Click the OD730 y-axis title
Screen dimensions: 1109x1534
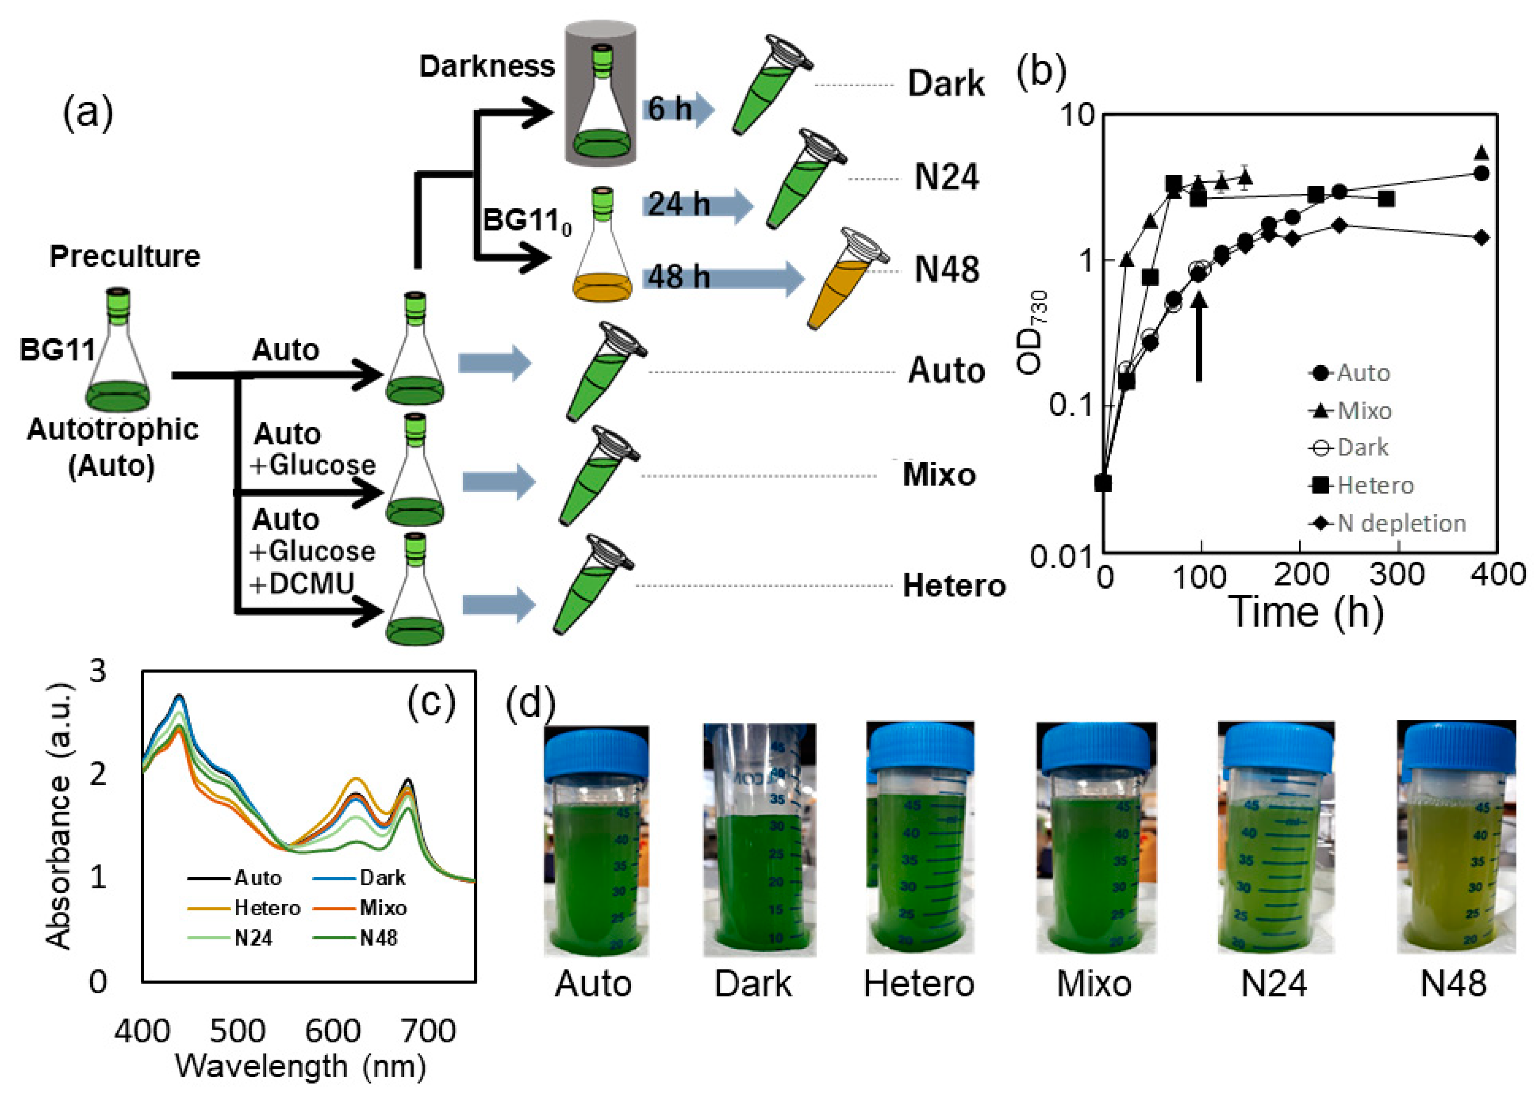(1033, 331)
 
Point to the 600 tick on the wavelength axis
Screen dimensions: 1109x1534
(333, 1031)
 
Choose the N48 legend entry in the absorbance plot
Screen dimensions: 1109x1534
(378, 938)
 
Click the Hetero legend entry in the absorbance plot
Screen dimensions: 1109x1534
(267, 907)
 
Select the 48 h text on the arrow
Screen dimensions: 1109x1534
(678, 277)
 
